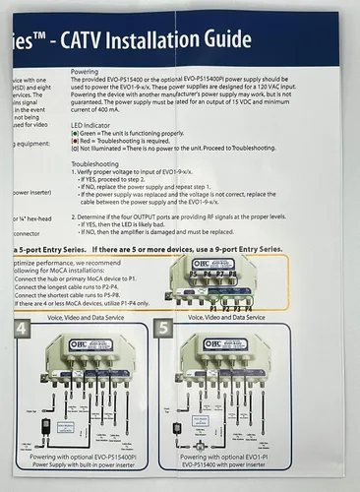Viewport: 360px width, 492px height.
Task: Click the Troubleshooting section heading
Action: (x=96, y=163)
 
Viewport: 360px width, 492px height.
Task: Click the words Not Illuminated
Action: (x=102, y=153)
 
